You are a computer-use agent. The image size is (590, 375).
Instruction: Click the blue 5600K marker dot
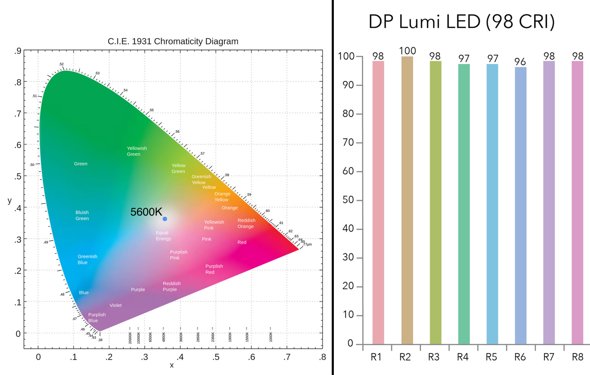coord(165,219)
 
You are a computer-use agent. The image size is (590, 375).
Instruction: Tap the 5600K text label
coord(146,212)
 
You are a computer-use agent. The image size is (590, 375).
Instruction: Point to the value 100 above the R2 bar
coord(407,51)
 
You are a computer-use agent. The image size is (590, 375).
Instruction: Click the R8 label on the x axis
coord(577,357)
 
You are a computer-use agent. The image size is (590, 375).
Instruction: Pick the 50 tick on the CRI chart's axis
coord(348,200)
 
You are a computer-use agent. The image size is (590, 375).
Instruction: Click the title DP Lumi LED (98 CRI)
coord(462,22)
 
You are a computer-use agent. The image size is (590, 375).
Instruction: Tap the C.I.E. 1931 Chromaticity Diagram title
coord(173,41)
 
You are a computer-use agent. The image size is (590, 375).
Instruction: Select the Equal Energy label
coord(163,235)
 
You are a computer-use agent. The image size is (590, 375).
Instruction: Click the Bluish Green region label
coord(82,215)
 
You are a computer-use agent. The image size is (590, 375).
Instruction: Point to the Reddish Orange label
coord(246,223)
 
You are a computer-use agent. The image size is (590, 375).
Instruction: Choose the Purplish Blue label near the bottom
coord(97,317)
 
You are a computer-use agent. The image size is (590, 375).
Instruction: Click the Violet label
coord(116,305)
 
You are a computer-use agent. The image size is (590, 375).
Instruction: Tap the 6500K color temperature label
coord(150,337)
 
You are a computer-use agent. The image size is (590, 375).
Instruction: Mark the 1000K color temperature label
coord(271,337)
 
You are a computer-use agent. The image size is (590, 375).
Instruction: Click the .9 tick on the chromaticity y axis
coord(18,51)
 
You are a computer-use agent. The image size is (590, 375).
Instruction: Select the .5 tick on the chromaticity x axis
coord(216,357)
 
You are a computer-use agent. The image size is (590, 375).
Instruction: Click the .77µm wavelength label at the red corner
coord(307,244)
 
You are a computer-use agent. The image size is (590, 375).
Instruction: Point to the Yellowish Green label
coord(137,151)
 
